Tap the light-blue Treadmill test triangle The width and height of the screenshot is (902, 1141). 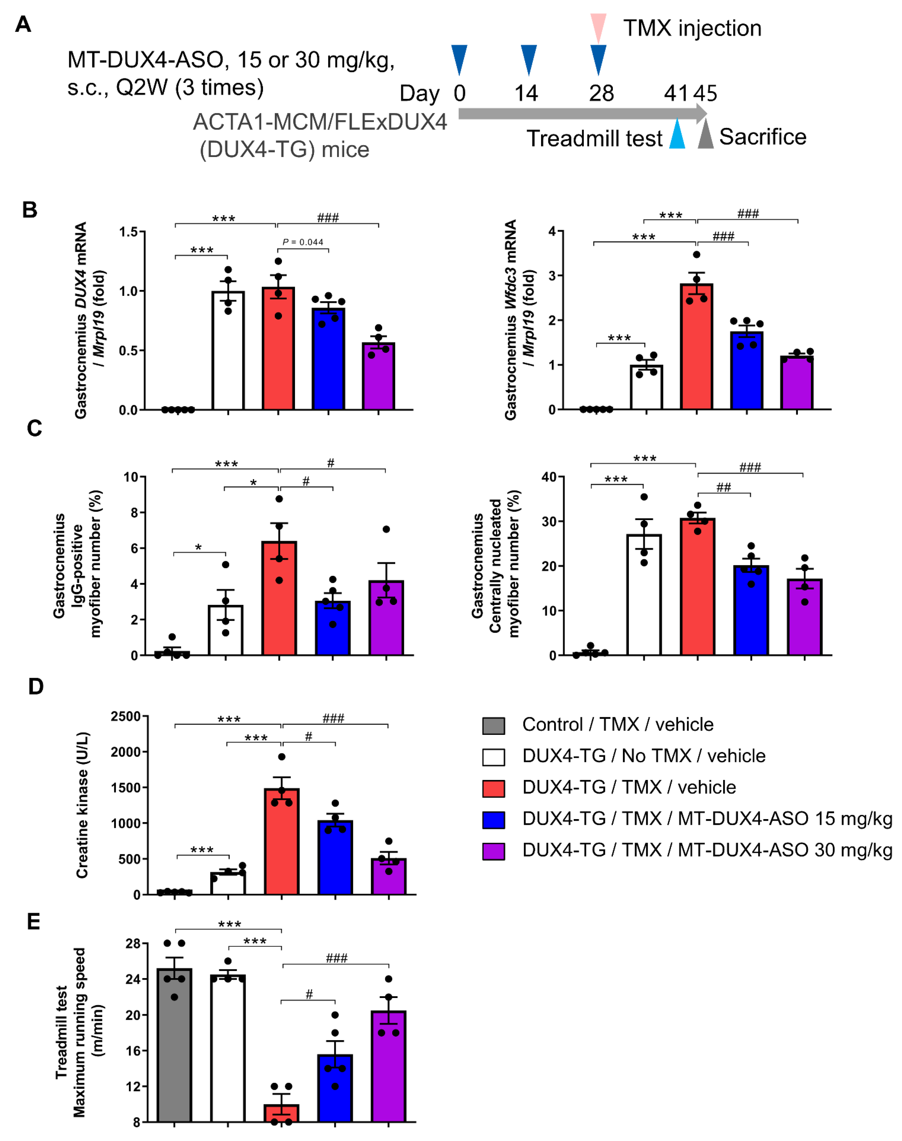tap(677, 135)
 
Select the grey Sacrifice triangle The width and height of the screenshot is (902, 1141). tap(706, 135)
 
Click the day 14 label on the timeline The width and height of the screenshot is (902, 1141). tap(526, 93)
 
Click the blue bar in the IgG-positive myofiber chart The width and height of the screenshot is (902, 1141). tap(333, 628)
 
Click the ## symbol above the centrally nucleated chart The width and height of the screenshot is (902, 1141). tap(723, 487)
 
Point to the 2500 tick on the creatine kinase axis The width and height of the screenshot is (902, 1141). tap(125, 717)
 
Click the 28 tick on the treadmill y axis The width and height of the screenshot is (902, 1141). tap(133, 943)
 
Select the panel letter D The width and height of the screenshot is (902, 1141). tap(35, 687)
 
